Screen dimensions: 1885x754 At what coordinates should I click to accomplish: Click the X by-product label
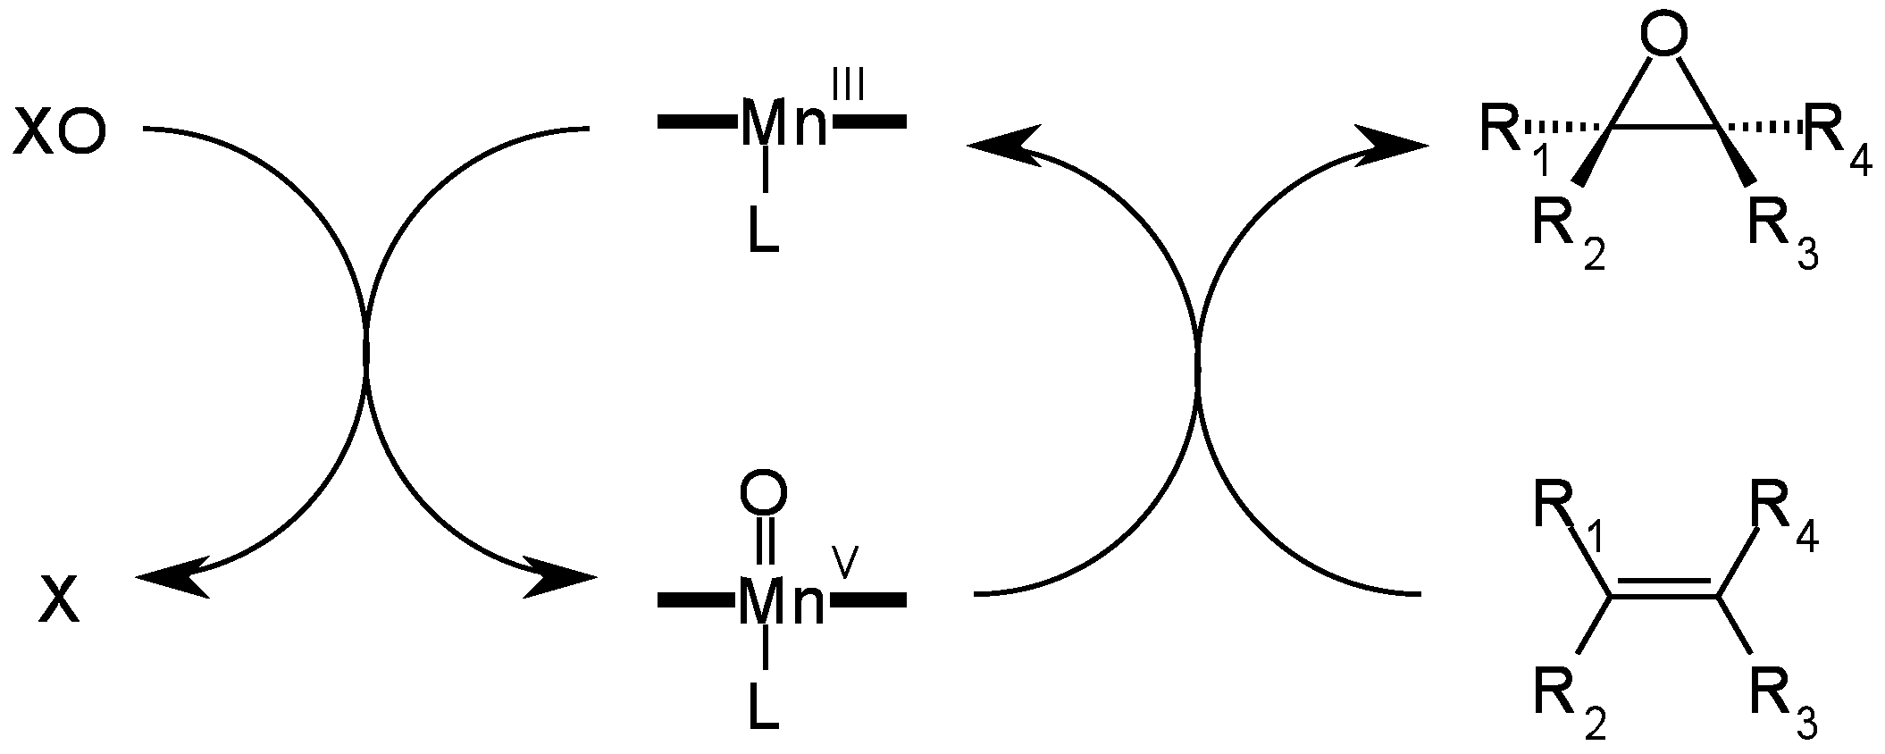pyautogui.click(x=60, y=598)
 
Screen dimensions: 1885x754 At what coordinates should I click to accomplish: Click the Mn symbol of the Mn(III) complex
pyautogui.click(x=784, y=124)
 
